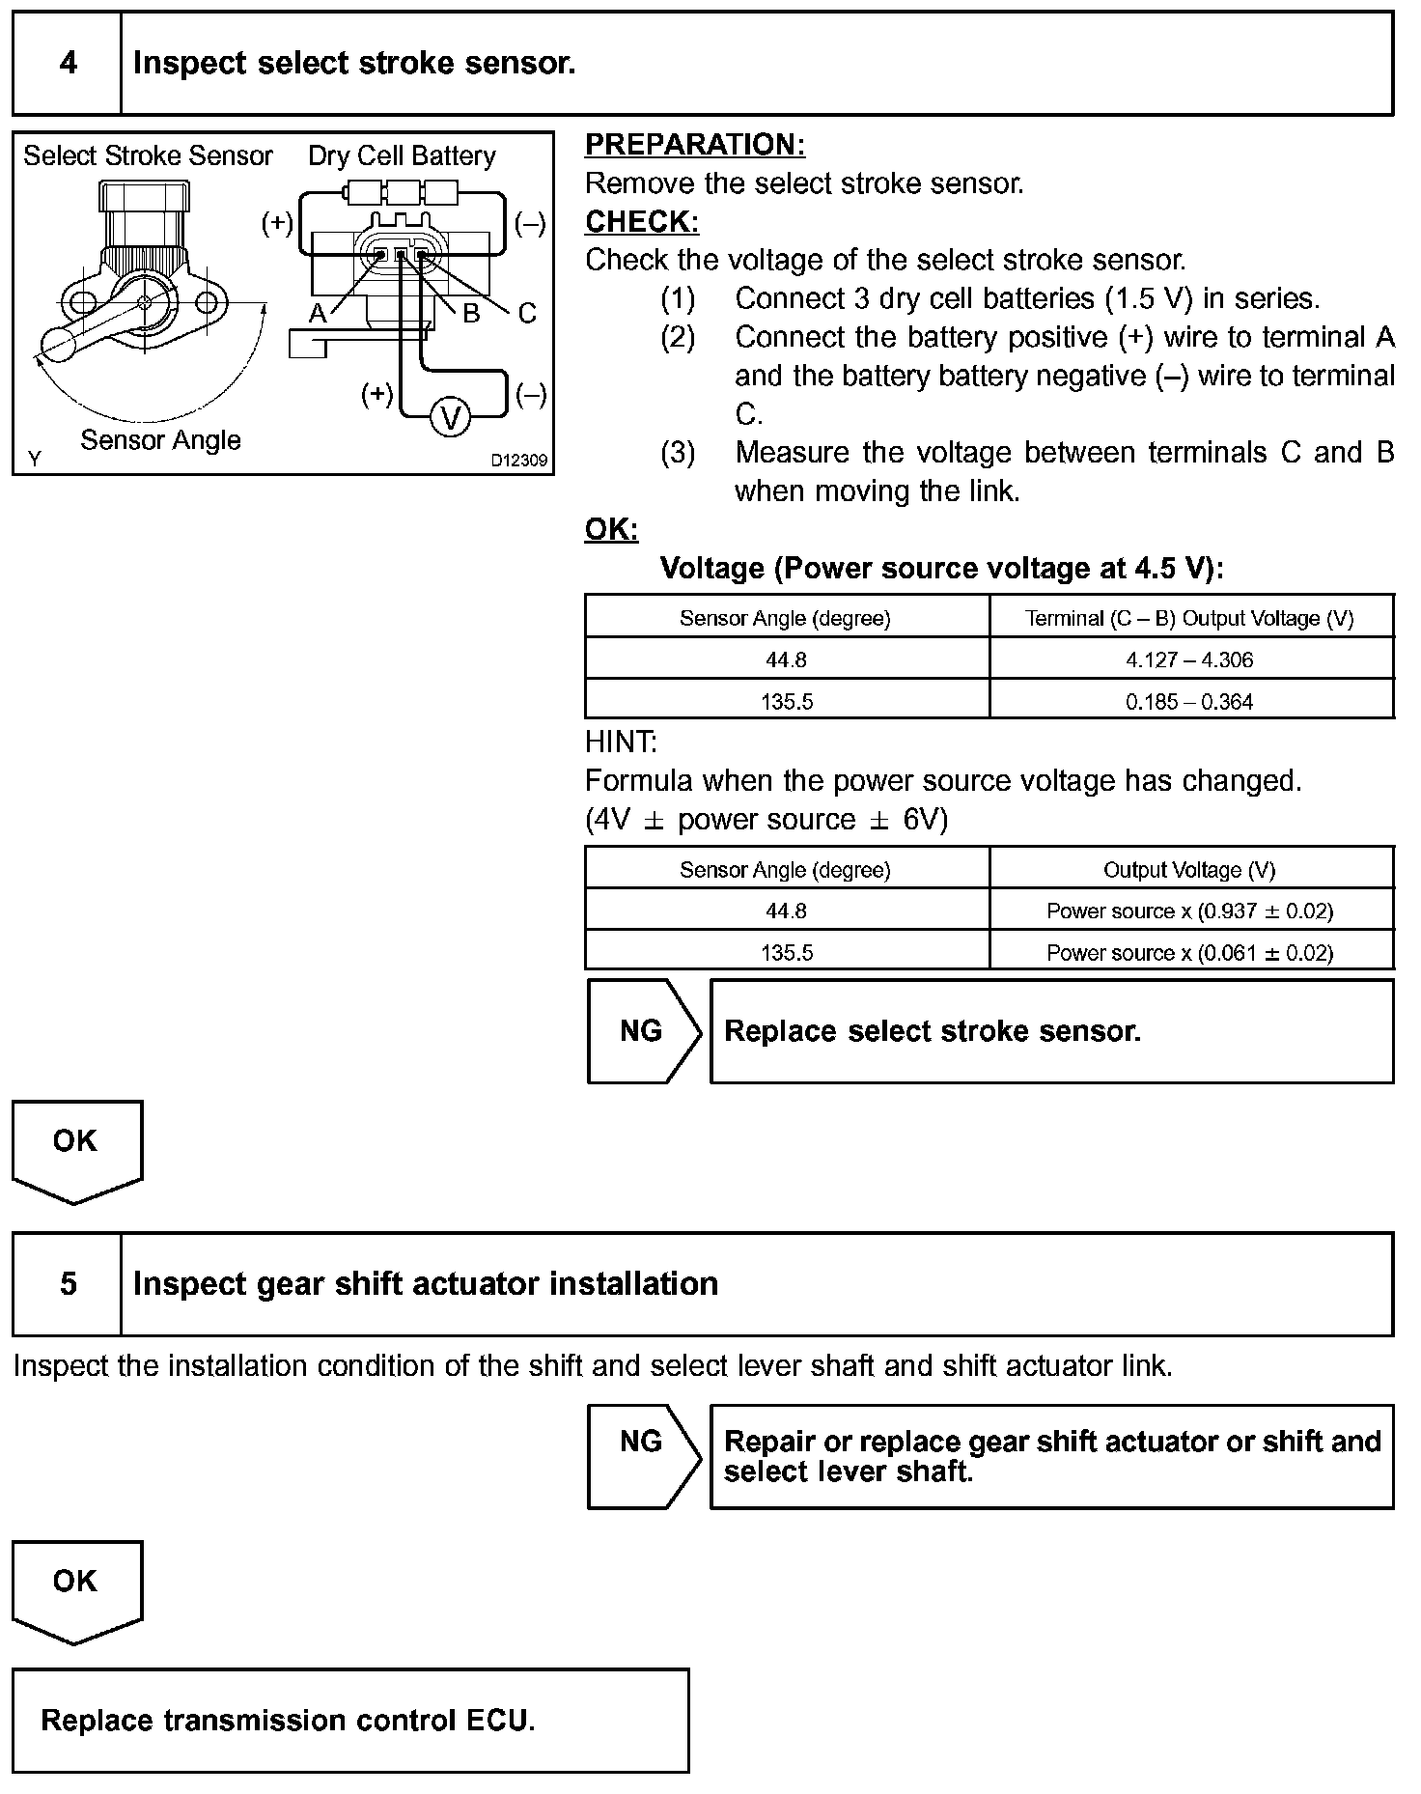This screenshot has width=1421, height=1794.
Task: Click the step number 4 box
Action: tap(68, 64)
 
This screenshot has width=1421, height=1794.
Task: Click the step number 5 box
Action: tap(68, 1284)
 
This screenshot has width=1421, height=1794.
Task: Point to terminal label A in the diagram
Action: tap(318, 313)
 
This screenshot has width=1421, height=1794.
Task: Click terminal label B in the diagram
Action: tap(471, 313)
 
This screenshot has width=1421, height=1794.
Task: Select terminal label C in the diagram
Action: tap(526, 313)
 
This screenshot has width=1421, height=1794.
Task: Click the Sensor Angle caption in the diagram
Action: tap(160, 440)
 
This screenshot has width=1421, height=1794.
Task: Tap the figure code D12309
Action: tap(518, 461)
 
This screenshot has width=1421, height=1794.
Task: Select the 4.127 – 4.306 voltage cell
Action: tap(1189, 660)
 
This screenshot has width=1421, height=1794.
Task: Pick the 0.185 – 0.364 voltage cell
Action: tap(1189, 702)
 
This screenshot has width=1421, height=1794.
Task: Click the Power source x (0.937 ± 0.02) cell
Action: tap(1189, 911)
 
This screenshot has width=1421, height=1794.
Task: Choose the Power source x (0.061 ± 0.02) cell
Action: tap(1189, 953)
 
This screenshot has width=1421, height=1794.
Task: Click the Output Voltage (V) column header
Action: tap(1189, 870)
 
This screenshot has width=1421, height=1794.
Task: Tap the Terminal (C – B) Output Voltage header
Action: tap(1189, 619)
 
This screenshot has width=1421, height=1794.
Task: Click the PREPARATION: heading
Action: tap(695, 145)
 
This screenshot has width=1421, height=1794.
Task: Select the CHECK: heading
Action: tap(642, 222)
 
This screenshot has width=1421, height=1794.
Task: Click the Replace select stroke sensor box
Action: tap(1051, 1031)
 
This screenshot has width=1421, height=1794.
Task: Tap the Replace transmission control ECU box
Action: tap(350, 1721)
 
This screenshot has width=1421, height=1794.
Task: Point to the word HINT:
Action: tap(621, 743)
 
